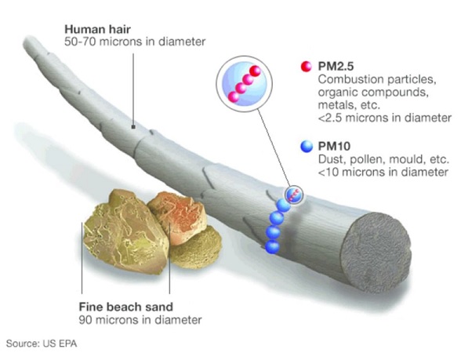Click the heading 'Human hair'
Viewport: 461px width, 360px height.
click(97, 30)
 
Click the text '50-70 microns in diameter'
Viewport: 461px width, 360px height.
click(135, 42)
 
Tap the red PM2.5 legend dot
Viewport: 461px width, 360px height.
click(306, 67)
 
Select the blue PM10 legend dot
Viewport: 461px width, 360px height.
click(307, 146)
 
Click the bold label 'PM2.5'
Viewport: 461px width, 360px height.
click(336, 67)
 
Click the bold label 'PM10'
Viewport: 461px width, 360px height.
click(334, 146)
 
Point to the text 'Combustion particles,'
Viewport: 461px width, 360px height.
click(377, 79)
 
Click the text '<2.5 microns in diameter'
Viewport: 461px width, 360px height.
click(384, 118)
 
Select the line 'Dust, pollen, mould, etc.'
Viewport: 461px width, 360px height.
click(383, 159)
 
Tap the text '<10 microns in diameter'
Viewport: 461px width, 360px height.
click(383, 172)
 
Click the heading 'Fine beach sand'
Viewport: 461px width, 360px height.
click(125, 307)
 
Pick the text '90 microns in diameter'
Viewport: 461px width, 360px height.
click(140, 320)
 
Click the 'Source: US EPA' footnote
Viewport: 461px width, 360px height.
click(42, 344)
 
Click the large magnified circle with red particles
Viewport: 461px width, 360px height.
click(244, 84)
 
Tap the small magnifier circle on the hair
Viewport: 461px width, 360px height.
click(294, 195)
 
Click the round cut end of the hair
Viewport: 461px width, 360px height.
click(376, 253)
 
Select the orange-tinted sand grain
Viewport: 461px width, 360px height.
click(176, 217)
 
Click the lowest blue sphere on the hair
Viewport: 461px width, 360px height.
click(272, 246)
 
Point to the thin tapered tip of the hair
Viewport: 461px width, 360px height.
click(28, 41)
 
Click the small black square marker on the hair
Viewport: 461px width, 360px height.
click(133, 127)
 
